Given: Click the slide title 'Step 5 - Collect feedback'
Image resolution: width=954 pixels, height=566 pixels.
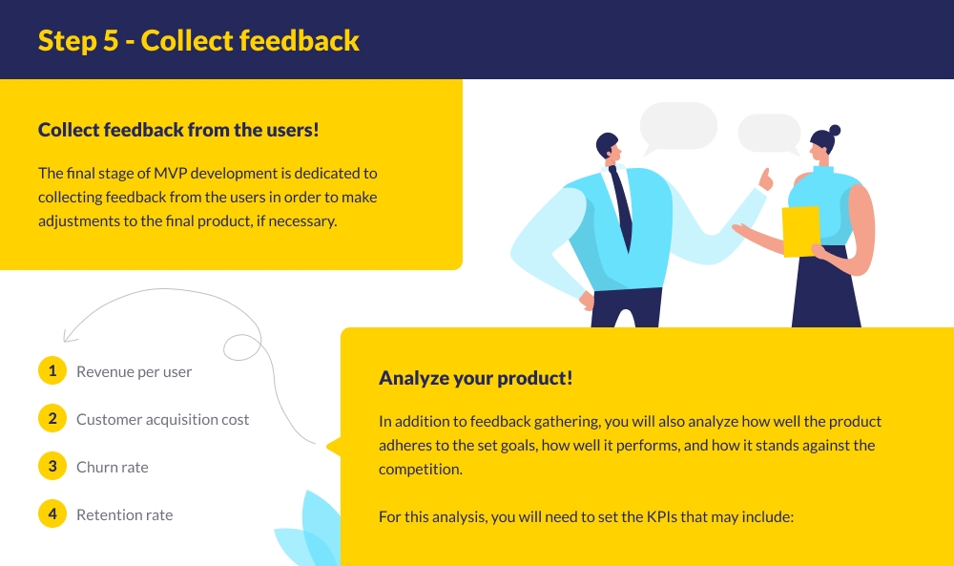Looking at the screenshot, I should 198,40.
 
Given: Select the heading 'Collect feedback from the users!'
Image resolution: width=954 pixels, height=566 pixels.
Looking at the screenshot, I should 178,130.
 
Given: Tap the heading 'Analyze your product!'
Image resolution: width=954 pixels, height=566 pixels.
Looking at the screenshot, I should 475,377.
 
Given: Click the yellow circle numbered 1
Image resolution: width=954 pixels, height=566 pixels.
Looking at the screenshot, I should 52,371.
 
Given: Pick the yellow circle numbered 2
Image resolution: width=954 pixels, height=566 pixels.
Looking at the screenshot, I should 52,419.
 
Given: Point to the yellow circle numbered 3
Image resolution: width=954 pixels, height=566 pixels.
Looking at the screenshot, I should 52,467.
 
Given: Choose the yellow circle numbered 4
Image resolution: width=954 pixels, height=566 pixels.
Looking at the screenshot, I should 52,514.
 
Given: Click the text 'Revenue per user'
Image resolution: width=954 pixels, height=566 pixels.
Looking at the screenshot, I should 134,372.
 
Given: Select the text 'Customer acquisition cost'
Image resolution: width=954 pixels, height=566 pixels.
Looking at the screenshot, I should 162,420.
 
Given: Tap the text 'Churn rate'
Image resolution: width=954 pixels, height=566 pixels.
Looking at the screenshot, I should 112,468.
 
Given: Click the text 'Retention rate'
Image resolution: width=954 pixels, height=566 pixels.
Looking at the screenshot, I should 124,515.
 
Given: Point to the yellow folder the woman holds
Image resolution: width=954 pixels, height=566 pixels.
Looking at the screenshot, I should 800,231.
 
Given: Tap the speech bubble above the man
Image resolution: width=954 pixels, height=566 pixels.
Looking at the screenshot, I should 677,126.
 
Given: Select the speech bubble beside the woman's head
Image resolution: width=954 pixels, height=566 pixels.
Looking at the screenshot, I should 769,134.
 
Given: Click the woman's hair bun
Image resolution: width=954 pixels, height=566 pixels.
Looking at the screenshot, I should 835,130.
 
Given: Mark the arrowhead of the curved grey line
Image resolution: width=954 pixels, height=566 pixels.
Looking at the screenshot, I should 66,337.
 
